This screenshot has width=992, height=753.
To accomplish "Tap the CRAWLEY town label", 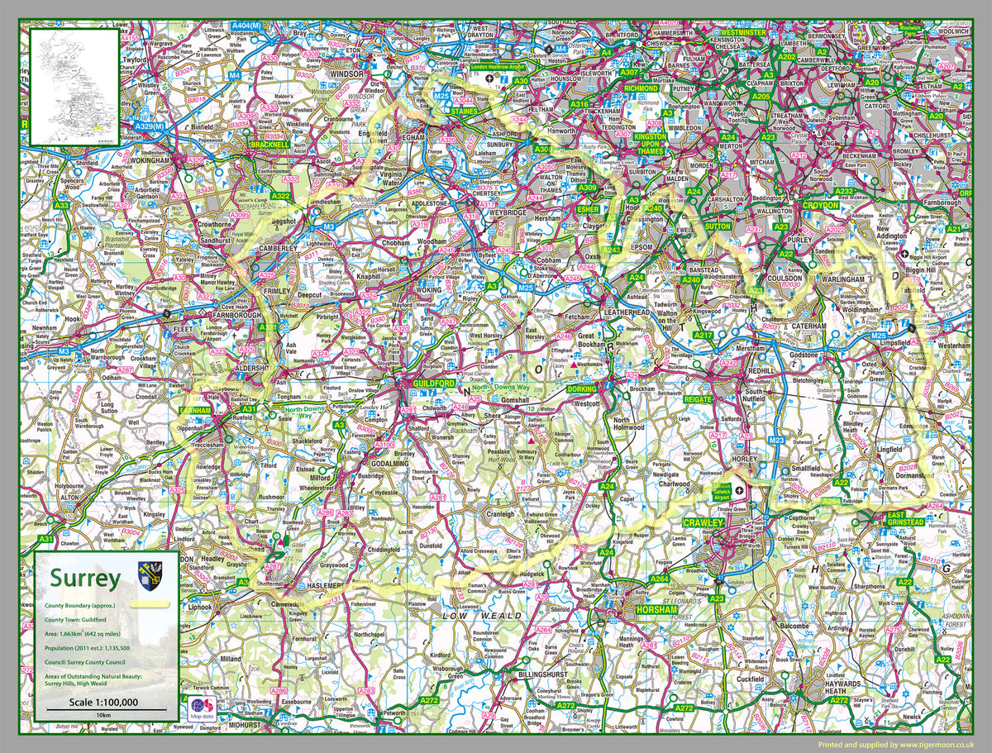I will point(703,523).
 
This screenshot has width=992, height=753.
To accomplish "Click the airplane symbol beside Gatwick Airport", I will point(738,489).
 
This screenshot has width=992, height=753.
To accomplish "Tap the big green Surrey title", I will point(85,577).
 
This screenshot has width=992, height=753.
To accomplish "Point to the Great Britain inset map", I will point(74,87).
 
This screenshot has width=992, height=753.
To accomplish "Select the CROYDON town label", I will point(819,204).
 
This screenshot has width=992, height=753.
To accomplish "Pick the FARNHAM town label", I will point(198,409).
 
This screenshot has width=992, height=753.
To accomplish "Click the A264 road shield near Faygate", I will point(658,579).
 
